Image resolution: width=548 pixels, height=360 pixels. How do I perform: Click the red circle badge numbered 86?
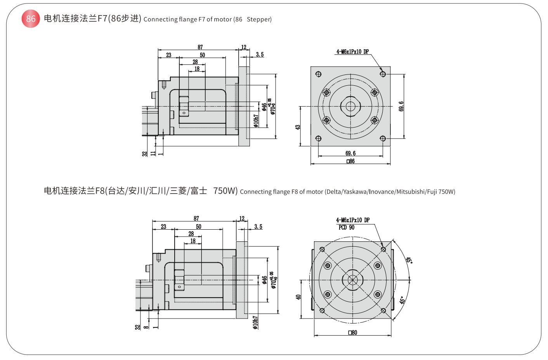pyautogui.click(x=31, y=19)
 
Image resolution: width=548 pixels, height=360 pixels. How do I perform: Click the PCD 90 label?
pyautogui.click(x=346, y=228)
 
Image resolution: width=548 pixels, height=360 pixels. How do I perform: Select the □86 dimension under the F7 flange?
pyautogui.click(x=350, y=161)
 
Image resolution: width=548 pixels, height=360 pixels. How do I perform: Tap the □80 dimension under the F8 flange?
pyautogui.click(x=353, y=332)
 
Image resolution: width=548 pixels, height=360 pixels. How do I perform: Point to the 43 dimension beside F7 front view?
pyautogui.click(x=298, y=127)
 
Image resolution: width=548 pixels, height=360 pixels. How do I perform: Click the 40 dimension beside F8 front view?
pyautogui.click(x=298, y=297)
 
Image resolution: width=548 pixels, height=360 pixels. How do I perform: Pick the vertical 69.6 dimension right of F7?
pyautogui.click(x=401, y=106)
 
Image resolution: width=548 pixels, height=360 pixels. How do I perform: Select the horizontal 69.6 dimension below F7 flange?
pyautogui.click(x=350, y=153)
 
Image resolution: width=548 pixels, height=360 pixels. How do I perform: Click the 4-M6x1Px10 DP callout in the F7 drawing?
pyautogui.click(x=352, y=52)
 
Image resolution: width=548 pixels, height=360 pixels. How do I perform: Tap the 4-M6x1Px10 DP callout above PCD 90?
pyautogui.click(x=352, y=220)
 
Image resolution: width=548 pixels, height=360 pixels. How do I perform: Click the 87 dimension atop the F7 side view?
pyautogui.click(x=200, y=47)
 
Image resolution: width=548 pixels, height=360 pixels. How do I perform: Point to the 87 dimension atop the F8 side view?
pyautogui.click(x=196, y=218)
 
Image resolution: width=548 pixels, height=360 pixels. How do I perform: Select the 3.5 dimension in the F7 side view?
pyautogui.click(x=260, y=55)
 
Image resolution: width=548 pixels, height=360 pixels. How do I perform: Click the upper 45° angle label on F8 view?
pyautogui.click(x=409, y=260)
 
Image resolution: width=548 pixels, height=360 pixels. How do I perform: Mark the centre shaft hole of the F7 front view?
pyautogui.click(x=350, y=106)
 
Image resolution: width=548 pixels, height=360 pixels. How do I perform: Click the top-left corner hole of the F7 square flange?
pyautogui.click(x=318, y=74)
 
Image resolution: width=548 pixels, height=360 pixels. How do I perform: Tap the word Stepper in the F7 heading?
pyautogui.click(x=259, y=19)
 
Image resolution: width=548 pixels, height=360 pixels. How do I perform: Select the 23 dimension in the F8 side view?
pyautogui.click(x=163, y=227)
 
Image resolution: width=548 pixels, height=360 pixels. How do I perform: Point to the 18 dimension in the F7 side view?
pyautogui.click(x=197, y=69)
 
